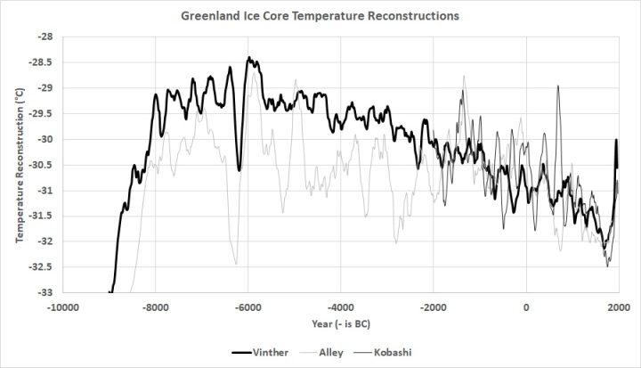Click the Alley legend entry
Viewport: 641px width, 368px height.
(332, 352)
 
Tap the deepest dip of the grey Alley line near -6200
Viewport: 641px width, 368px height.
(236, 264)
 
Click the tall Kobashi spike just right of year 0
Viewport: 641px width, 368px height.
(557, 86)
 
